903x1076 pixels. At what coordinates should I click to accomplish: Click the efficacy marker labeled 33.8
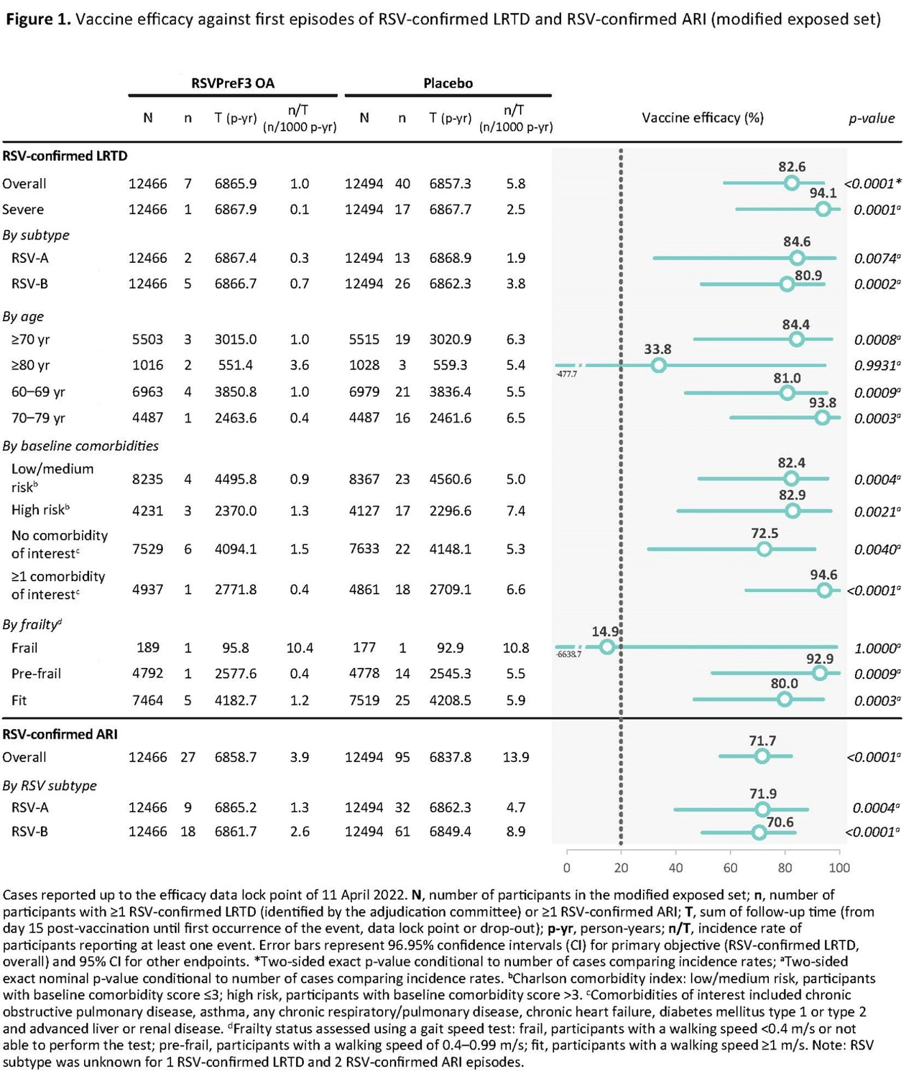click(658, 366)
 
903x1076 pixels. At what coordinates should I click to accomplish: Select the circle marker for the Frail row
click(607, 647)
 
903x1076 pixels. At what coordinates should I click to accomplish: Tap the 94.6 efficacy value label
click(824, 575)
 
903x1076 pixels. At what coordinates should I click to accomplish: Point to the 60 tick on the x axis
click(730, 868)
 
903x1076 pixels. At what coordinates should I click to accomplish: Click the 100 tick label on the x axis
click(839, 868)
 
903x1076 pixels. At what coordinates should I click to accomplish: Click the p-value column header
click(872, 118)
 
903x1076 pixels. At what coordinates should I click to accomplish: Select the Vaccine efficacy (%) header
click(703, 118)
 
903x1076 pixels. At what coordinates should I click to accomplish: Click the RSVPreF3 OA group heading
click(233, 84)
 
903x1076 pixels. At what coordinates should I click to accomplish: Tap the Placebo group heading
click(448, 84)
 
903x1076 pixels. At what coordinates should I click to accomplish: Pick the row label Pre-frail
click(36, 674)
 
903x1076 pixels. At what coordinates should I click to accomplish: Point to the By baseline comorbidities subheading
click(81, 446)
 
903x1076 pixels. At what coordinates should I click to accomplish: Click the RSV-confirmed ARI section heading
click(60, 734)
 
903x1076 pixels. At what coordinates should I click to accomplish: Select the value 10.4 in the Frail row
click(300, 648)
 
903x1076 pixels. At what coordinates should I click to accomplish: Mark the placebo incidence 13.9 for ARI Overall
click(515, 758)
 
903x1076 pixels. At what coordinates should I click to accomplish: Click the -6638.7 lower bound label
click(569, 654)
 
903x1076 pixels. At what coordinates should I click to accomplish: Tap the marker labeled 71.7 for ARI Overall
click(761, 756)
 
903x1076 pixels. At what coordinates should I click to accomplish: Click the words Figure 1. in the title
click(38, 19)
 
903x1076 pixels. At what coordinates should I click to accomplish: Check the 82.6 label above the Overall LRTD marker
click(792, 167)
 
